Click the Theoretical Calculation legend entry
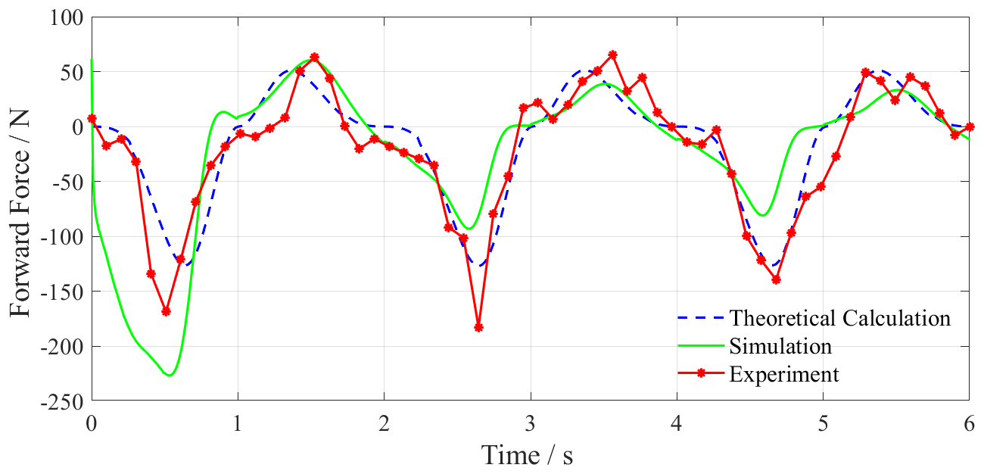(x=839, y=318)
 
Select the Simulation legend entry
(x=780, y=346)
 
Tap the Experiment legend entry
(x=784, y=374)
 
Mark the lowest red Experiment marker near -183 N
(x=478, y=328)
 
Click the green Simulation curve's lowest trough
(x=170, y=375)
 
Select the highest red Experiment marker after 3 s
(x=612, y=55)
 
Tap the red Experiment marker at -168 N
(x=166, y=311)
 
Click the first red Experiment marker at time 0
(x=92, y=119)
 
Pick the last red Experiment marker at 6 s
(x=970, y=127)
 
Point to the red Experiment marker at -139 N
(x=776, y=279)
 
